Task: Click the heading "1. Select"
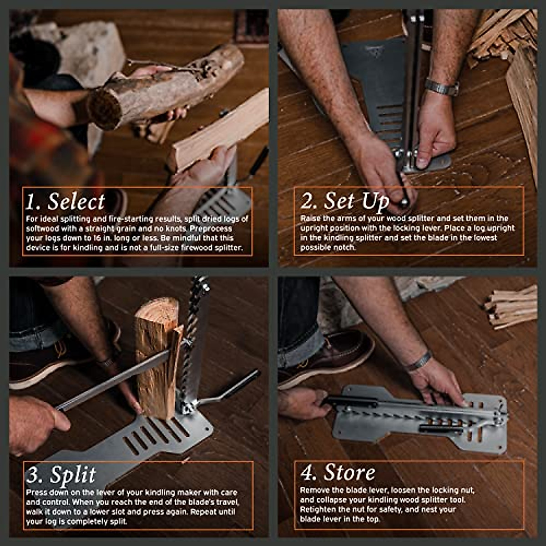(x=65, y=202)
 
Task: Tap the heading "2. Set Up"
(x=344, y=201)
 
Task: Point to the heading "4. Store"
(x=338, y=473)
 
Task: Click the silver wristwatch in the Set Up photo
(x=440, y=87)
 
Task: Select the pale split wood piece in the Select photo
(x=218, y=132)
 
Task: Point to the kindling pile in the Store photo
(x=512, y=307)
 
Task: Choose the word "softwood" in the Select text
(x=43, y=228)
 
